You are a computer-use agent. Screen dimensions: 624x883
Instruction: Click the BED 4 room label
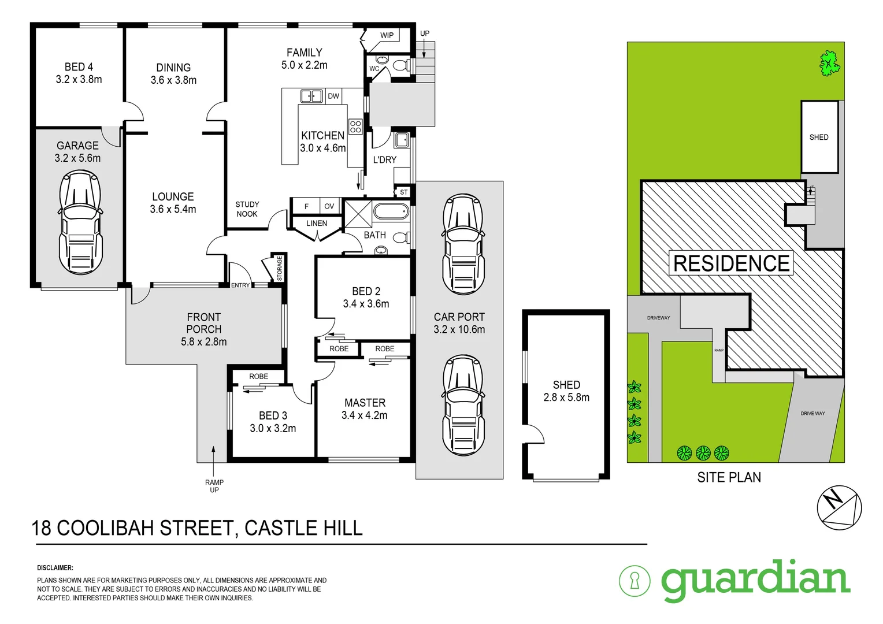[79, 67]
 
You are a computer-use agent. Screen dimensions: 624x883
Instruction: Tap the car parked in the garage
[81, 225]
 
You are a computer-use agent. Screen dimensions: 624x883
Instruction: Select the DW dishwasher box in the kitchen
[333, 96]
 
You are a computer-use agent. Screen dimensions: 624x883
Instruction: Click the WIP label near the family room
[387, 35]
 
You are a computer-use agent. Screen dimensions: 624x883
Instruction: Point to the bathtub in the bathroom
[391, 211]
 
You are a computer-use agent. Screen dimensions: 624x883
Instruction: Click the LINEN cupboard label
[317, 223]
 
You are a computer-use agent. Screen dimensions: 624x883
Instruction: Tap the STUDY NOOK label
[247, 209]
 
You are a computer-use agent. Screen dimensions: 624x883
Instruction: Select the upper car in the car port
[463, 245]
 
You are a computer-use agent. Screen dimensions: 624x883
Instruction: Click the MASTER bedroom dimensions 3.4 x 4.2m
[365, 415]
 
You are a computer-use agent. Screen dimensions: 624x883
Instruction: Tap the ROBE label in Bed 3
[258, 376]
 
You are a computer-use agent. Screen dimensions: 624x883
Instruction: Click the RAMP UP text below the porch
[214, 486]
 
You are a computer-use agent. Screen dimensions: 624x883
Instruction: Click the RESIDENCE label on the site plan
[731, 263]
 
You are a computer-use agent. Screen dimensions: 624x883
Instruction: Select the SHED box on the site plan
[819, 137]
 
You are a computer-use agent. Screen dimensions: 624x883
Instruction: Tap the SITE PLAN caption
[729, 478]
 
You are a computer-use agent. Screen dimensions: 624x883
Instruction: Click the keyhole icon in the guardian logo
[635, 581]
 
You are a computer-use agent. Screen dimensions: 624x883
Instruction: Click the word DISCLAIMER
[55, 568]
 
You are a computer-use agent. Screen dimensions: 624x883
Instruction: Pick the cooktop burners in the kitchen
[355, 127]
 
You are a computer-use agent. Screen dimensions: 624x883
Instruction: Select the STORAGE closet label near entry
[279, 269]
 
